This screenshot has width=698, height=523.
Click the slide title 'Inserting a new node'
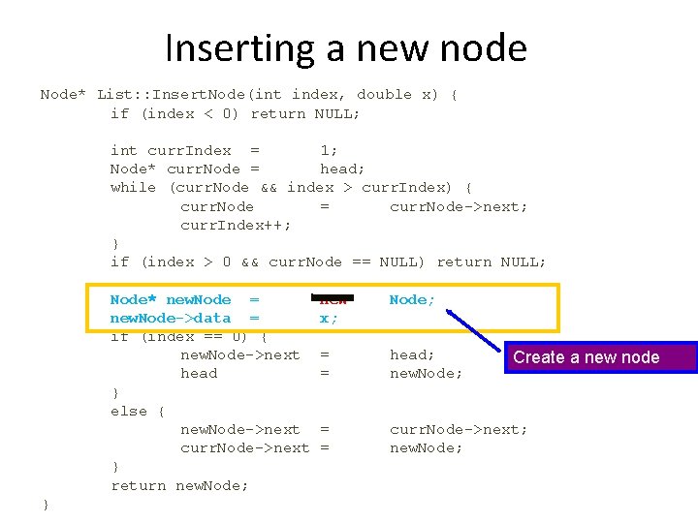346,47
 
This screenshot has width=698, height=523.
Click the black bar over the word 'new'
333,296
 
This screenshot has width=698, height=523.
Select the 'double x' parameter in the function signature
397,94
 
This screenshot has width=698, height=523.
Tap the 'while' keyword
133,187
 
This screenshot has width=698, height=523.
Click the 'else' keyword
129,411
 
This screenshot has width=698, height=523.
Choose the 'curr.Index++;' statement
236,225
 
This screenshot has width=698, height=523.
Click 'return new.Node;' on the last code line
179,485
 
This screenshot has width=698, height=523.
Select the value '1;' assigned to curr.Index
329,150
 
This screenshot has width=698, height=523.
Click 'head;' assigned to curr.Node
342,169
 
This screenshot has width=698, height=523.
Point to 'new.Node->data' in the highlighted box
171,318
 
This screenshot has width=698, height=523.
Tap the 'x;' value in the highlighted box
329,318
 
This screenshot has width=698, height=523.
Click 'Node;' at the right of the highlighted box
412,299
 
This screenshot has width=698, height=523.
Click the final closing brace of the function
45,504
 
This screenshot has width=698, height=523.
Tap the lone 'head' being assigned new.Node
199,374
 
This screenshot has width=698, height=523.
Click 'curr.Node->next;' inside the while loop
459,206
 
